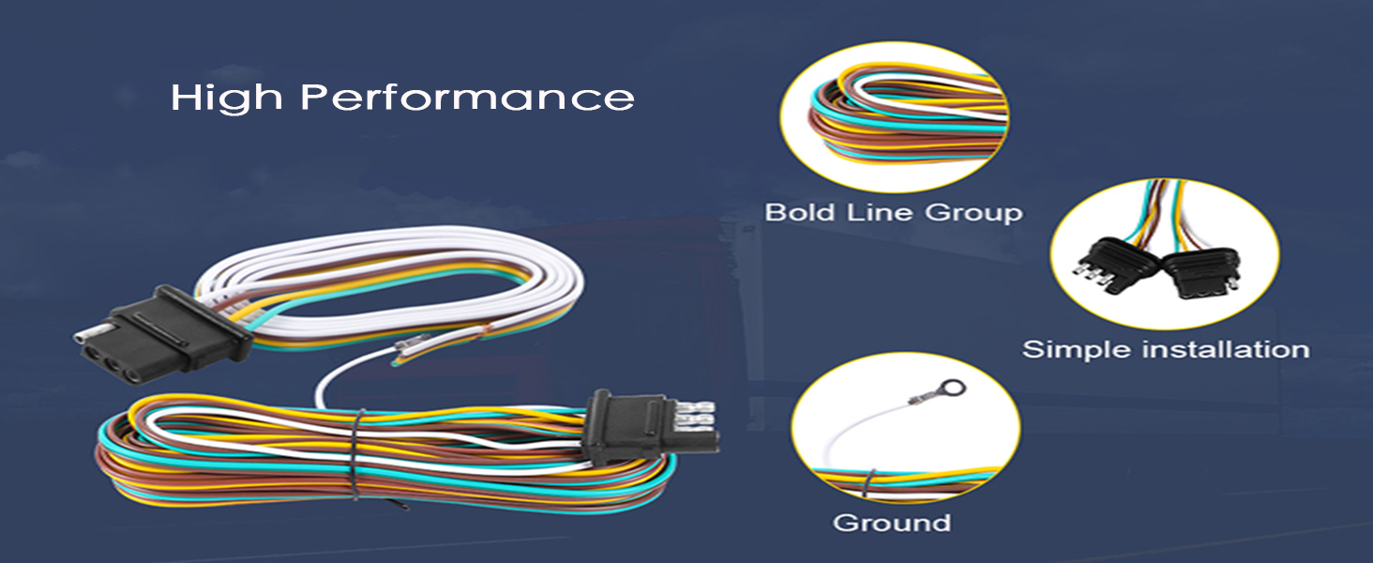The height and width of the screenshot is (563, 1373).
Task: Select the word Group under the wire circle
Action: pos(974,213)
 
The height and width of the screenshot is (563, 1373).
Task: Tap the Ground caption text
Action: pos(892,522)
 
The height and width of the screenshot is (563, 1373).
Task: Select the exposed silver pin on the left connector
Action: pos(90,334)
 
